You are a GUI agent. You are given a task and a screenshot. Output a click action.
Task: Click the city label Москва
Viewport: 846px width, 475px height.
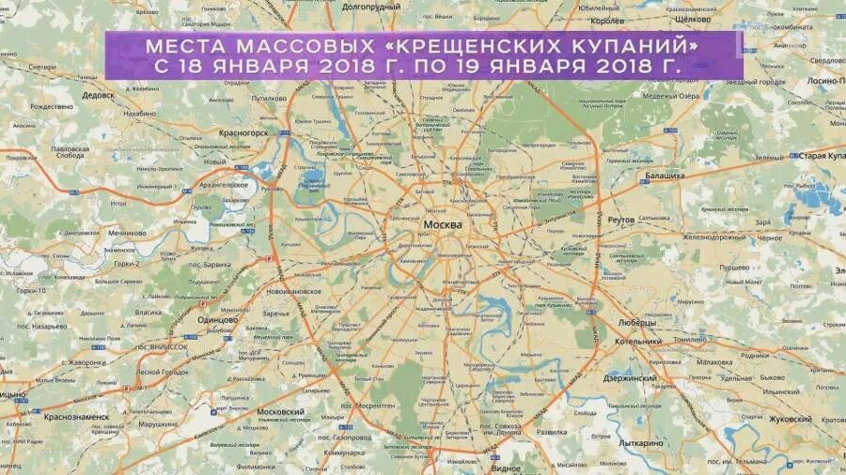point(443,225)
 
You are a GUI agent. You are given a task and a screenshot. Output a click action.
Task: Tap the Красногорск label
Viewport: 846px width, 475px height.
point(245,133)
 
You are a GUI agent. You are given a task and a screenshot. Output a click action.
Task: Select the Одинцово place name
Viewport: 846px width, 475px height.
point(215,319)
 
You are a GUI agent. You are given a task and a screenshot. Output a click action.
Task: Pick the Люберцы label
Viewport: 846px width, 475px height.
point(636,322)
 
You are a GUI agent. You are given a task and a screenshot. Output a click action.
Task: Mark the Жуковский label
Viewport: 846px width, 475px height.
point(790,419)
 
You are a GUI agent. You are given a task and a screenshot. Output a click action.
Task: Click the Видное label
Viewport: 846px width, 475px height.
point(506,467)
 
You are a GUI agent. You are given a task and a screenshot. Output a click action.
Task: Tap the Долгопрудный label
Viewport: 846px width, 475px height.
point(371,7)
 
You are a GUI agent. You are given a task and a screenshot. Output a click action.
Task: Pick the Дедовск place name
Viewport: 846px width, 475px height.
point(99,96)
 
